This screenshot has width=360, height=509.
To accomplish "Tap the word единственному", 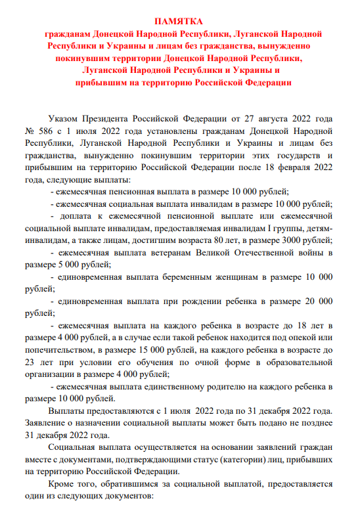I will pyautogui.click(x=176, y=387).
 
